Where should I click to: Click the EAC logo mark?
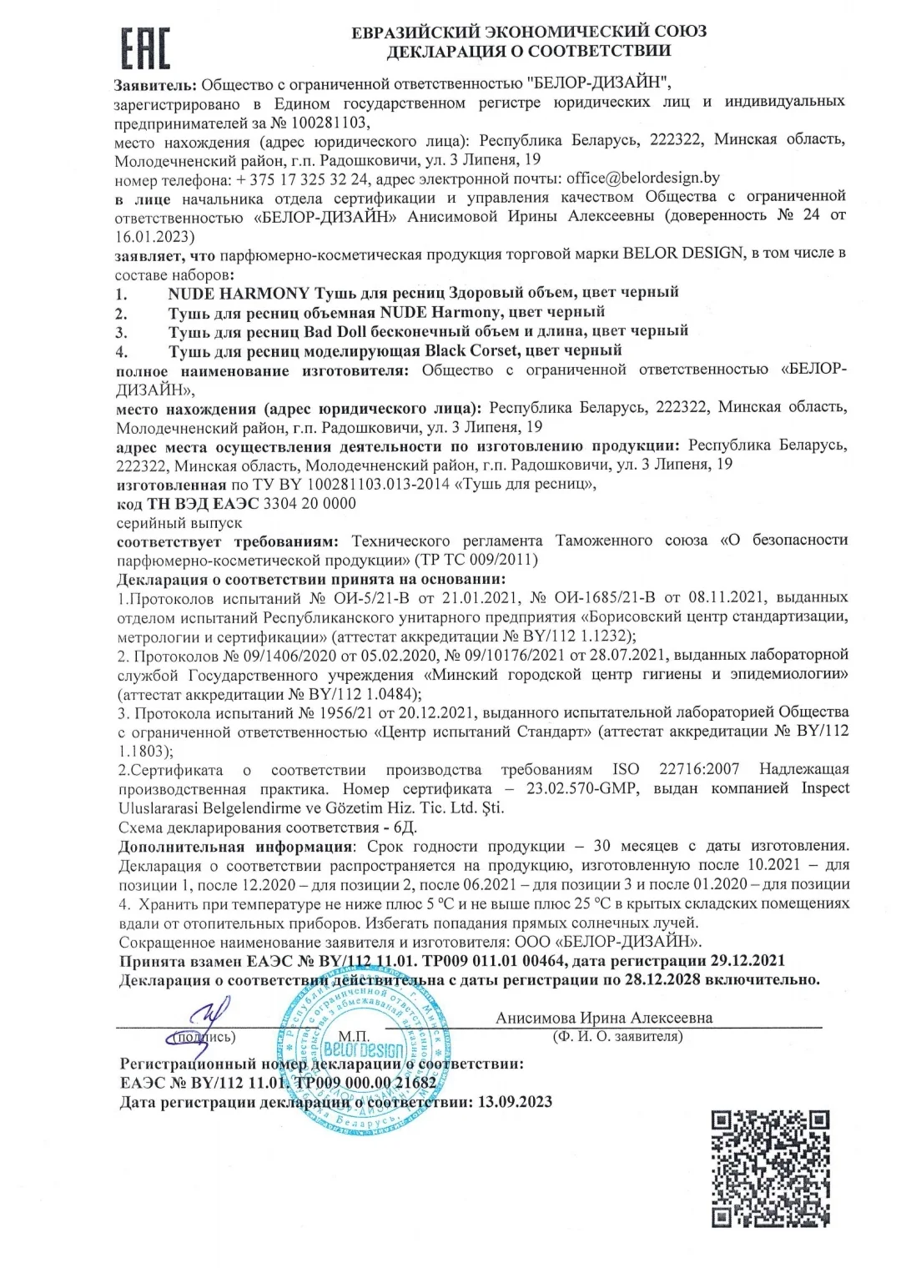(146, 48)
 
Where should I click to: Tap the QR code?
(770, 1169)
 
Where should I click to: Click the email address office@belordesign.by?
(642, 178)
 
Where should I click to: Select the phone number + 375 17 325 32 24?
(303, 179)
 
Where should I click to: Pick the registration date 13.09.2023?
(515, 1102)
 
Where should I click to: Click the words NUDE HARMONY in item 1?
(238, 292)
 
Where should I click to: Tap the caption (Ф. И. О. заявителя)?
(617, 1037)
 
